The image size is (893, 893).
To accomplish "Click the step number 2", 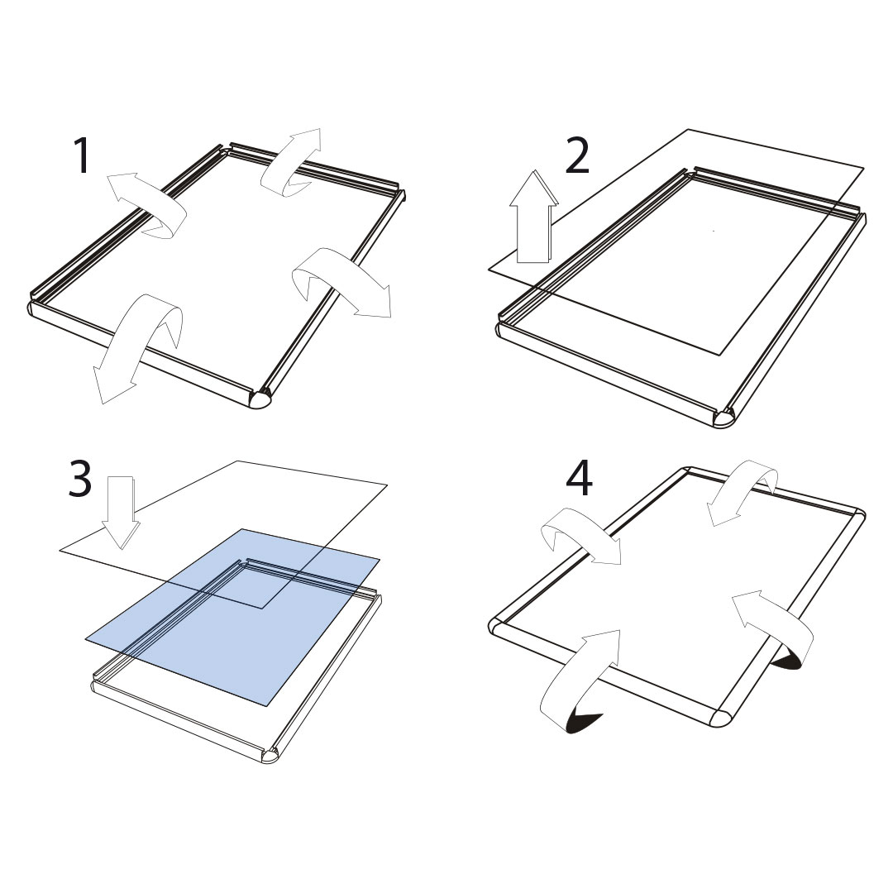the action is pyautogui.click(x=577, y=155).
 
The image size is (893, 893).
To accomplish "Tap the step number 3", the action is pyautogui.click(x=79, y=479).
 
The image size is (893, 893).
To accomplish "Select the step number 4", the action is pyautogui.click(x=579, y=479).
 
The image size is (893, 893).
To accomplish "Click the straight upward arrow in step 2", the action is pyautogui.click(x=533, y=217).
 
